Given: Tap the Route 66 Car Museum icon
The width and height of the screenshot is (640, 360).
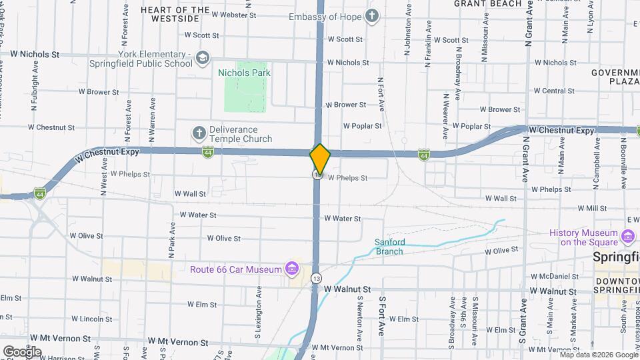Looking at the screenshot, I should point(291,269).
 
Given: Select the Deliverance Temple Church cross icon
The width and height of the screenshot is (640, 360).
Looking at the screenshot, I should point(198,133).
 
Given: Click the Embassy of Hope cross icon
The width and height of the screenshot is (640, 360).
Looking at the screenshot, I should point(372,16).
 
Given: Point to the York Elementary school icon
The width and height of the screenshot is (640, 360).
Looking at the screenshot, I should point(202,59).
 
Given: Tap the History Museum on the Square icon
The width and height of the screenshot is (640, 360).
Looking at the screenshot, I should point(627,237).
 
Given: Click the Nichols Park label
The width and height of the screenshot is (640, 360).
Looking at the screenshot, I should point(242,73).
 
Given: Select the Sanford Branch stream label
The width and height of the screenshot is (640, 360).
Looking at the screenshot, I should point(389,247).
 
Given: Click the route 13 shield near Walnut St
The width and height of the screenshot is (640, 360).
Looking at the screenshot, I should point(316,278).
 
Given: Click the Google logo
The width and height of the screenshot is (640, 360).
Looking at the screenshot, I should point(22,351).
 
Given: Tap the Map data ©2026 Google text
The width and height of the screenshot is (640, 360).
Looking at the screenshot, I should point(598,355).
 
